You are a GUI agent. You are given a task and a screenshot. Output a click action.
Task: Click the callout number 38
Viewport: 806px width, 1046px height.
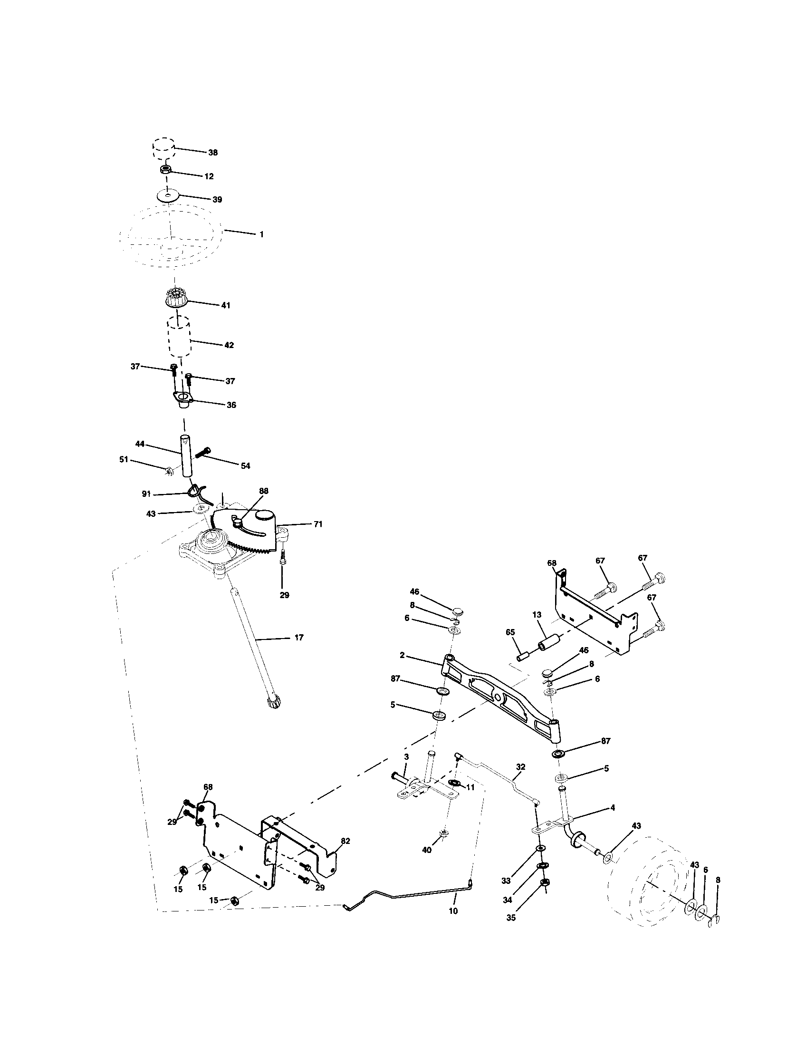[212, 152]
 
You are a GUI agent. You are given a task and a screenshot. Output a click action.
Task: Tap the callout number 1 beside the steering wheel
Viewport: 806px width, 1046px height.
[261, 235]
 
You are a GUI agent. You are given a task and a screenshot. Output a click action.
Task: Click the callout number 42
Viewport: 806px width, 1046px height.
[229, 345]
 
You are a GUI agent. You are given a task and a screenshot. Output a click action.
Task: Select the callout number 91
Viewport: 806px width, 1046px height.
[147, 494]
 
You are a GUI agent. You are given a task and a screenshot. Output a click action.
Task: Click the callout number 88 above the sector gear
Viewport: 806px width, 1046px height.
[263, 491]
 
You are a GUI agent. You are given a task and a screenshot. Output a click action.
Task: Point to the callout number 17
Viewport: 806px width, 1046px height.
[298, 638]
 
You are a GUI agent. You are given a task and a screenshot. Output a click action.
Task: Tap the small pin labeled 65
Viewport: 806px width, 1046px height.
[522, 655]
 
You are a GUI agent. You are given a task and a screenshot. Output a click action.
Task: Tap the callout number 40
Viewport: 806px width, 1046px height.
[426, 850]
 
